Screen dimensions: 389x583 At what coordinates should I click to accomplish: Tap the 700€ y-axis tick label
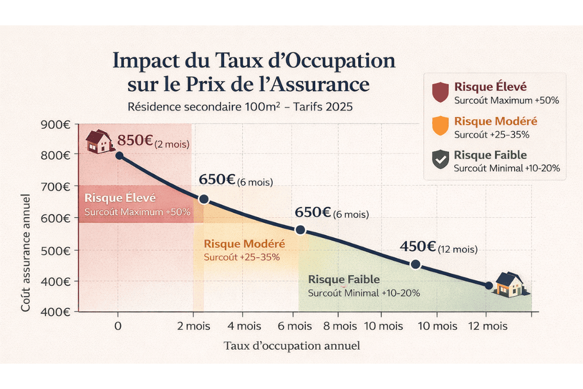pyautogui.click(x=56, y=186)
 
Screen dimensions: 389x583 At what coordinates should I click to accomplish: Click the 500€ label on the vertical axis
pyautogui.click(x=56, y=250)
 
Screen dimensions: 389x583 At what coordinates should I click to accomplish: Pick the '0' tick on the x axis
pyautogui.click(x=117, y=326)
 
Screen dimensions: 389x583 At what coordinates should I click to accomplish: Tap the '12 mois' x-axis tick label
pyautogui.click(x=487, y=326)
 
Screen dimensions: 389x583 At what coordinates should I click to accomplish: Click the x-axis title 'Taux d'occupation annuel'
pyautogui.click(x=292, y=346)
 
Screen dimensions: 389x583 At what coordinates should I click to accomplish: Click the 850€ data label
pyautogui.click(x=135, y=140)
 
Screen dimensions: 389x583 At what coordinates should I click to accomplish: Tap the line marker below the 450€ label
pyautogui.click(x=415, y=264)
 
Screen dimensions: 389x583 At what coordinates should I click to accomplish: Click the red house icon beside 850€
pyautogui.click(x=99, y=141)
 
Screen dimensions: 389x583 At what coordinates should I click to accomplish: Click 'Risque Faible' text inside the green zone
pyautogui.click(x=344, y=280)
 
